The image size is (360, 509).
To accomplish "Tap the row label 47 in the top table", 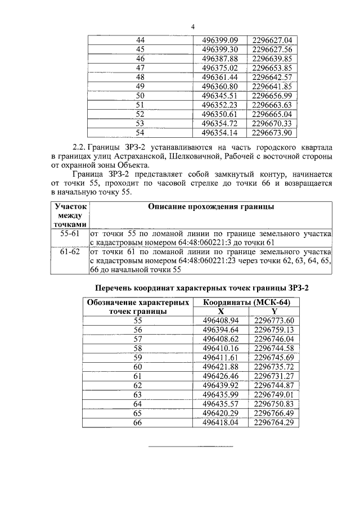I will pyautogui.click(x=141, y=67).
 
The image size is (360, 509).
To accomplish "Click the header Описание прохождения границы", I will pyautogui.click(x=211, y=207).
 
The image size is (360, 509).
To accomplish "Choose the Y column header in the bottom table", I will pyautogui.click(x=274, y=311).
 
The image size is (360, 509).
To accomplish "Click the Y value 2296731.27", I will pyautogui.click(x=274, y=376).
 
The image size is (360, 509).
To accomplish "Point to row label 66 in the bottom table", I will pyautogui.click(x=138, y=422).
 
